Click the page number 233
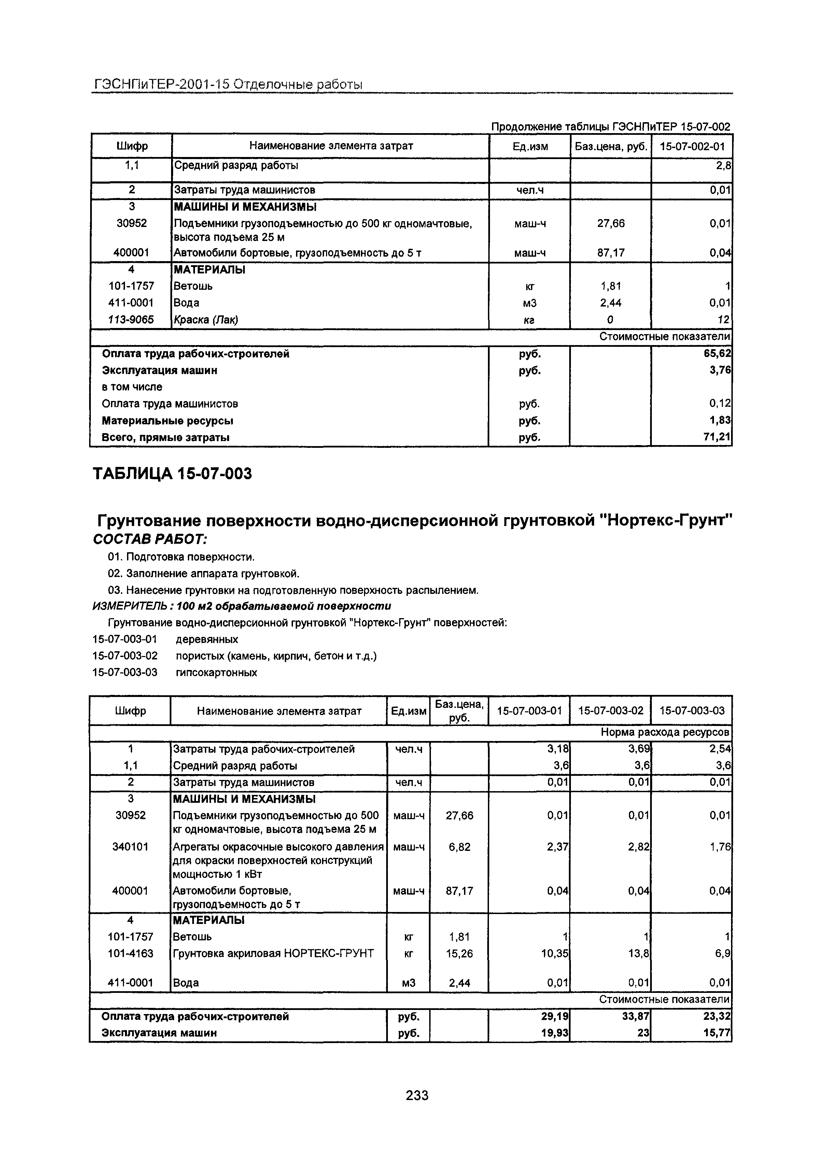point(417,1095)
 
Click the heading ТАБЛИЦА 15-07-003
point(172,474)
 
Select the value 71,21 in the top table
point(717,437)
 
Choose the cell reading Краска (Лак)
point(206,320)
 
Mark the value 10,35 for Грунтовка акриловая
point(554,953)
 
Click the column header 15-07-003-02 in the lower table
point(611,710)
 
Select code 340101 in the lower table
point(130,847)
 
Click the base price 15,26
point(459,953)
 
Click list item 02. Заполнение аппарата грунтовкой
point(204,574)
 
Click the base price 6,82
point(459,847)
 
